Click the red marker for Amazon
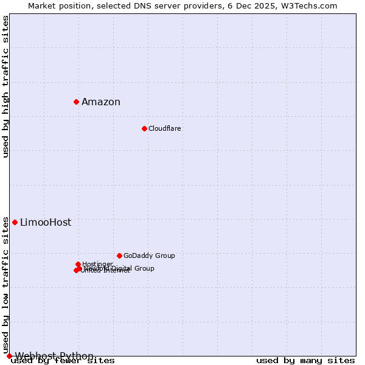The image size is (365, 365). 76,102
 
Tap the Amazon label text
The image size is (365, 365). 101,102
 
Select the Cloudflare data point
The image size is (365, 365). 144,128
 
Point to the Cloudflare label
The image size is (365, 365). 165,129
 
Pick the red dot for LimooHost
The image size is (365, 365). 15,222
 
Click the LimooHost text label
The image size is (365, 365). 46,223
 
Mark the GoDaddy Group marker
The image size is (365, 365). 119,255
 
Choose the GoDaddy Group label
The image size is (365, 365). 149,256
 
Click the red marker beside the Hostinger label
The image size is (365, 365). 78,264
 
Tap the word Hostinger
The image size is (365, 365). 97,264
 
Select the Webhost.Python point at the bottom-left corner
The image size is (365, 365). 9,356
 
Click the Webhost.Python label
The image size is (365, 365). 55,356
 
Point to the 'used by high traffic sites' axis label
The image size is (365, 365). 6,86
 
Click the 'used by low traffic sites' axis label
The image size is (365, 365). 6,286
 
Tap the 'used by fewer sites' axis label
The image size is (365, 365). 63,361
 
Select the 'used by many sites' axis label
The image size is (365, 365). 305,361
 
